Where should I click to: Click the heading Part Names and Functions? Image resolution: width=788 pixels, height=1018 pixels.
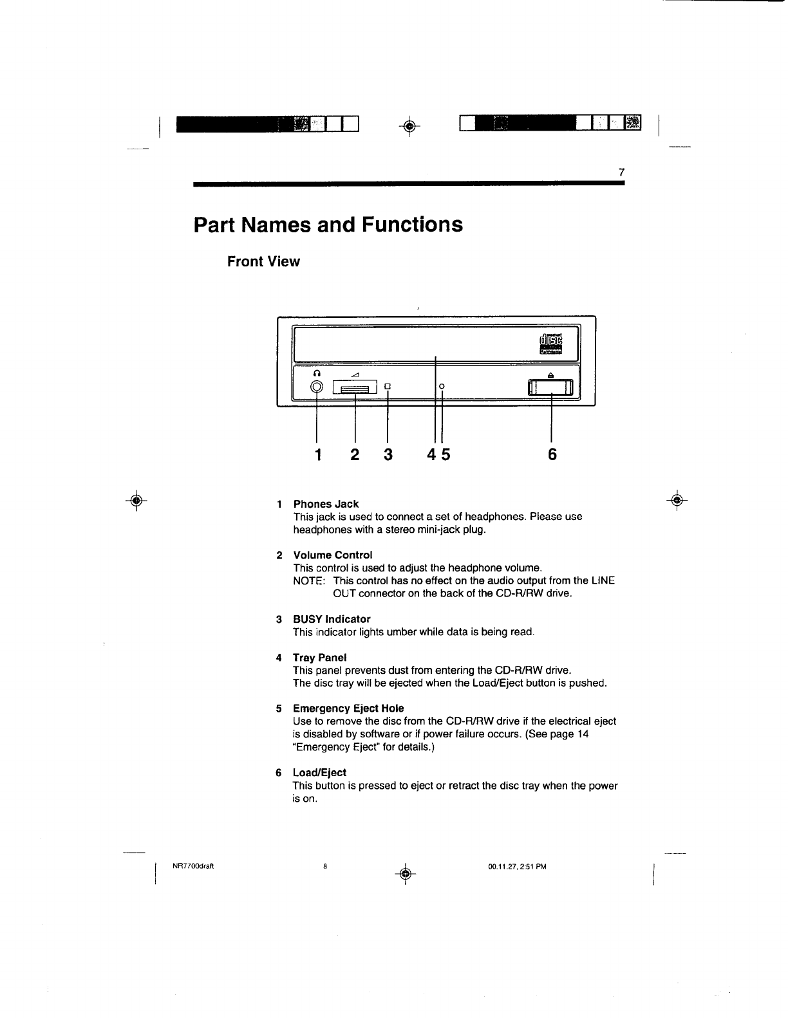click(x=328, y=225)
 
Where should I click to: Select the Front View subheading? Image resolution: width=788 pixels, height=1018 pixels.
click(x=263, y=261)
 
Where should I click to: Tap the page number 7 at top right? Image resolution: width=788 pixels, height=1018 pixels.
click(x=621, y=172)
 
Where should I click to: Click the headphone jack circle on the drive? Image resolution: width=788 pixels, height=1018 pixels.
click(x=317, y=387)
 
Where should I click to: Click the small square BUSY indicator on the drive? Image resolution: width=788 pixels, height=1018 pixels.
click(x=388, y=387)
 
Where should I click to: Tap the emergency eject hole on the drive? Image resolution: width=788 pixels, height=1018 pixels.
click(x=442, y=386)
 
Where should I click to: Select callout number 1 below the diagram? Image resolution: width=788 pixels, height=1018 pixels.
click(x=317, y=455)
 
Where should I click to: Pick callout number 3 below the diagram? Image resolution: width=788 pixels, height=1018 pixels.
click(x=388, y=455)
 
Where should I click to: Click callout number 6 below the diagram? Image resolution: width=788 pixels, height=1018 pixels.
click(x=552, y=455)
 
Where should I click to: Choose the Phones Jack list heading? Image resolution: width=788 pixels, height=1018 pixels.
click(x=326, y=504)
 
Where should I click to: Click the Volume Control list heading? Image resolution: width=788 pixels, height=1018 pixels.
click(x=332, y=555)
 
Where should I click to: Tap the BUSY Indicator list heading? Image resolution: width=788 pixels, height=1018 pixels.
click(x=332, y=619)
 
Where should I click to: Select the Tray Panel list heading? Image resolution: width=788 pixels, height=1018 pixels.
click(x=319, y=658)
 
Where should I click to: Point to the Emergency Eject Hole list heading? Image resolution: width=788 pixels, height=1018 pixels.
click(x=348, y=708)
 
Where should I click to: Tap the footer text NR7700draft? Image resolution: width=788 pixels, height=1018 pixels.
click(x=193, y=865)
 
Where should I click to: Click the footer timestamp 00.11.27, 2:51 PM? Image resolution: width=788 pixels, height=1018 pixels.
click(x=517, y=866)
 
